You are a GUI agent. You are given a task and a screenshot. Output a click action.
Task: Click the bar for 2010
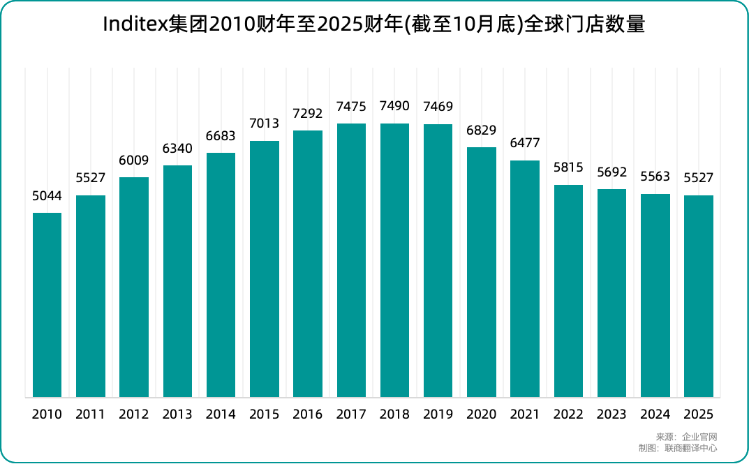47,305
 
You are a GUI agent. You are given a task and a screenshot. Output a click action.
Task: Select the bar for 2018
394,260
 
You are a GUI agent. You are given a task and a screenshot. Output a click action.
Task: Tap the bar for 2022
568,291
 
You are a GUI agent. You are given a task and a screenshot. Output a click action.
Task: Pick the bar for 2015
265,269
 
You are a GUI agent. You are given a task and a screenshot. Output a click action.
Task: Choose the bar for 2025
699,297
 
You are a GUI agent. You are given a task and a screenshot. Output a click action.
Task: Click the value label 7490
394,107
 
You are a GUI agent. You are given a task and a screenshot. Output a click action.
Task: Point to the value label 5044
47,196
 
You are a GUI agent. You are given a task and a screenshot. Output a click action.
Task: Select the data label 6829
482,130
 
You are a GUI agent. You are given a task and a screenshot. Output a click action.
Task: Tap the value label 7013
265,124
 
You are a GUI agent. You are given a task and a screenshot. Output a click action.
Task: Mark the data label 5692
611,172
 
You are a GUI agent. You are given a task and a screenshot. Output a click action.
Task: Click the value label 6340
177,149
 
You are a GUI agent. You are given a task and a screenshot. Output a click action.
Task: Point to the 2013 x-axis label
177,414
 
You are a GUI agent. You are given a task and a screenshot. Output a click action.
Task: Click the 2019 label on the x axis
438,414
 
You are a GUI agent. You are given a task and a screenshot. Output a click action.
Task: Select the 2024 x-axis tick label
655,414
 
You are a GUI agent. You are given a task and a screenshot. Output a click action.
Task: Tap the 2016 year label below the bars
308,414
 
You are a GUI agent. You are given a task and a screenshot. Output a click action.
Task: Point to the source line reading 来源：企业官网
687,437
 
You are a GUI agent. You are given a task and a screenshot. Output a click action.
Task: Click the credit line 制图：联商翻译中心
677,448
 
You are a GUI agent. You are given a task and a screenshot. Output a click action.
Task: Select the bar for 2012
134,287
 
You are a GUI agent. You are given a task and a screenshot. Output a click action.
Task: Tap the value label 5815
568,168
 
